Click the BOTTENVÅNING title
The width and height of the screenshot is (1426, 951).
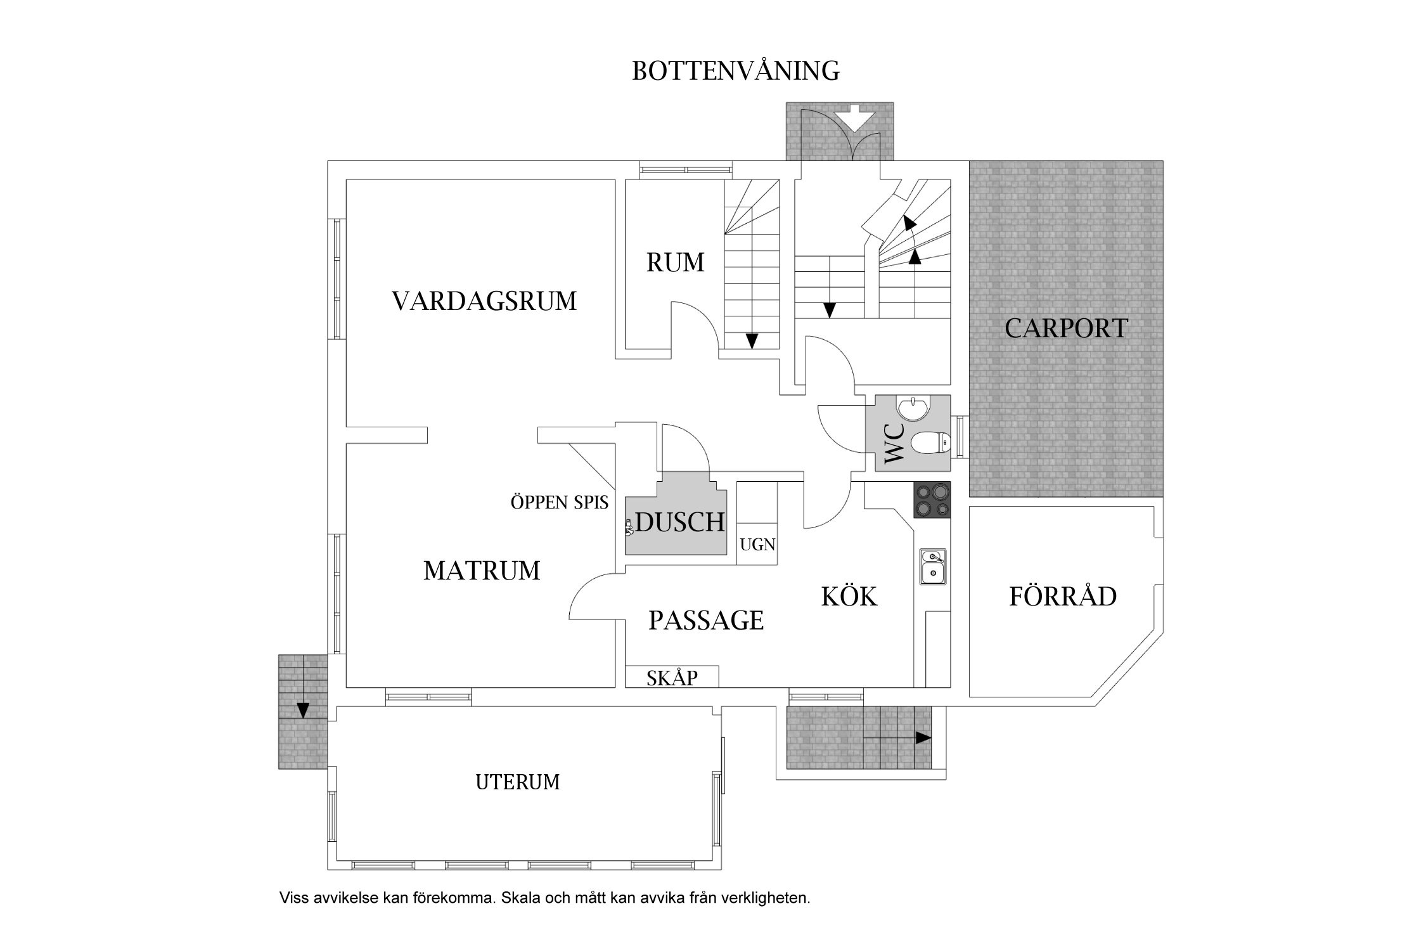[736, 71]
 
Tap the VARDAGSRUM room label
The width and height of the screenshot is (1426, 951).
[484, 301]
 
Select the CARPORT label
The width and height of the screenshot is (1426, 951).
[1066, 328]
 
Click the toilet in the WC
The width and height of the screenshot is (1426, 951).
[932, 443]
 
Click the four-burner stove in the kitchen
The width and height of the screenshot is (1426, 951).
[932, 500]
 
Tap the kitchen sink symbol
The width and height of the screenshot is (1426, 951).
[933, 566]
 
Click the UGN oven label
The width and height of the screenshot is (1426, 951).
[757, 545]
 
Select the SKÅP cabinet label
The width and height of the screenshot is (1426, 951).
[672, 678]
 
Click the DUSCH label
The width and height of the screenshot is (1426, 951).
[680, 522]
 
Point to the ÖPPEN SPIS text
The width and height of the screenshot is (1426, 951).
[560, 503]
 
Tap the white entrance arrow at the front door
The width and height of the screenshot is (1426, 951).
[855, 119]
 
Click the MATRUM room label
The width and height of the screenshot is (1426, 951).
[482, 571]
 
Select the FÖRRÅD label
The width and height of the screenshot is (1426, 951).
[1063, 597]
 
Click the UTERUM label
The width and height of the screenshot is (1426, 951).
[517, 782]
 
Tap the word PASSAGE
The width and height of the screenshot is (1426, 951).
[706, 620]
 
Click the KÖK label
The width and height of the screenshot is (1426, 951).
[849, 597]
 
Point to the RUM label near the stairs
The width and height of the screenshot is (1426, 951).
[675, 262]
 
